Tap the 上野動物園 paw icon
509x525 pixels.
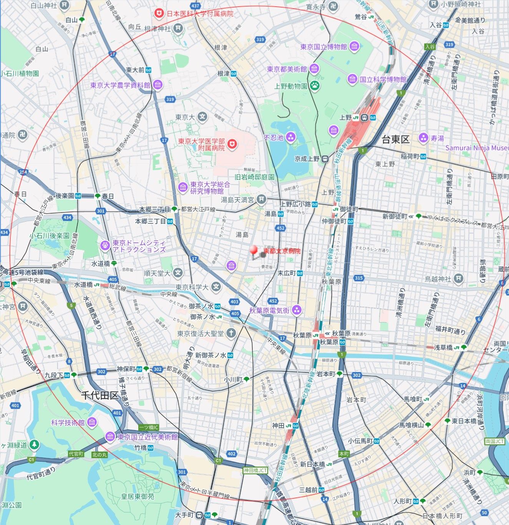pos(315,86)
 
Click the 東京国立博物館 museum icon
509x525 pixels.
pos(354,47)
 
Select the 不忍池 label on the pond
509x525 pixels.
pos(274,137)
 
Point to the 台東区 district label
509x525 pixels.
pos(396,140)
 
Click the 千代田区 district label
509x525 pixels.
pos(100,396)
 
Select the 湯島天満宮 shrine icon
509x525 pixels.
pos(261,199)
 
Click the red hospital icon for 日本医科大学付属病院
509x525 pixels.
pos(158,13)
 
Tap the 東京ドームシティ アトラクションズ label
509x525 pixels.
pos(139,246)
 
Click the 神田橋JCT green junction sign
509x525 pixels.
pos(255,470)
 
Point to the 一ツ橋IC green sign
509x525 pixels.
pos(149,427)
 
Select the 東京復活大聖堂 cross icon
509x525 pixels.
pos(231,333)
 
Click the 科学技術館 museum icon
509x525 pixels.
pos(92,422)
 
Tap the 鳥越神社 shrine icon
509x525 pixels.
pos(458,279)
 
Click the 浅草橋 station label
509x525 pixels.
pos(443,347)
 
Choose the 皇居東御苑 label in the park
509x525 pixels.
pos(138,497)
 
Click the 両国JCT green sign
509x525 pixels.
pos(494,441)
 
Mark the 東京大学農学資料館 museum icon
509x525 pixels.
pos(158,85)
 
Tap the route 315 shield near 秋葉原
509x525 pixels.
pos(358,278)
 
